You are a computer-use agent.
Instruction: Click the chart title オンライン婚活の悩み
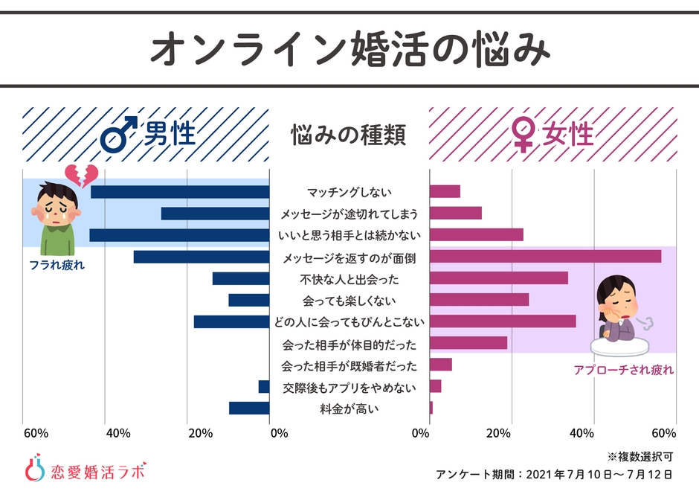pos(349,48)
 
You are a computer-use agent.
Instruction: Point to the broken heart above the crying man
pos(81,176)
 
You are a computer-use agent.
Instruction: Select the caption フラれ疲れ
pos(57,264)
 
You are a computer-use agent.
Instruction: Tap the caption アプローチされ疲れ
pos(623,369)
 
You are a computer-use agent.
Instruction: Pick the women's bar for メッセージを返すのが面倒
pos(545,257)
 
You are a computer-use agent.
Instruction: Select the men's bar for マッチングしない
pos(180,192)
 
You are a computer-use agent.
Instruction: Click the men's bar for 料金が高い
pos(249,408)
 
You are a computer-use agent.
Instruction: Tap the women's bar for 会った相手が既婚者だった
pos(441,365)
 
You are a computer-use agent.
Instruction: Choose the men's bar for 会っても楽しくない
pos(249,300)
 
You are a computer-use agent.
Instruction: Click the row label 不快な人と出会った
pos(349,279)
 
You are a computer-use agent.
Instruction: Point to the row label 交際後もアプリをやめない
pos(349,387)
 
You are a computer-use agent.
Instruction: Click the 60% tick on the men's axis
pos(36,434)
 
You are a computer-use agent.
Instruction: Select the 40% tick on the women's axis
pos(582,434)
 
